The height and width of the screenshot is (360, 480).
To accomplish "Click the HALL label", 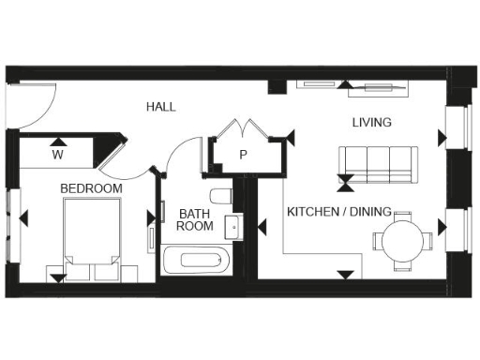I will click(x=160, y=107).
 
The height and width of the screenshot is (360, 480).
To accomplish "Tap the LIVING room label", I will click(x=371, y=123).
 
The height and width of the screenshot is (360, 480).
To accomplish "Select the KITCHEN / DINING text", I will click(x=338, y=212).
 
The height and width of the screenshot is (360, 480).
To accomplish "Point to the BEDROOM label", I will click(x=91, y=189).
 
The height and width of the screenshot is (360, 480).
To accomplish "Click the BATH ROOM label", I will click(x=195, y=220).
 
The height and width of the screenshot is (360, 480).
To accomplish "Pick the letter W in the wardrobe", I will click(x=56, y=154).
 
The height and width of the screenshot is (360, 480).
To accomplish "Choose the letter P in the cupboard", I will click(x=243, y=155).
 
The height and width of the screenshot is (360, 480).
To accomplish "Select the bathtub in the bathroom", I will click(x=196, y=260).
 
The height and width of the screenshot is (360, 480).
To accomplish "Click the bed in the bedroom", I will click(x=91, y=241).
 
